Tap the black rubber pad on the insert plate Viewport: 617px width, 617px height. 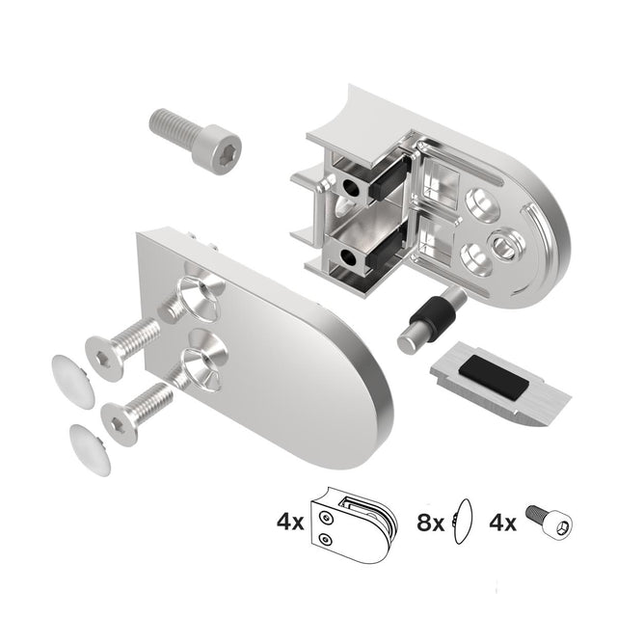click(x=492, y=372)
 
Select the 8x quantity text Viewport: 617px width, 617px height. click(x=430, y=523)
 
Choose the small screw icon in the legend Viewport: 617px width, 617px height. click(x=549, y=523)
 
